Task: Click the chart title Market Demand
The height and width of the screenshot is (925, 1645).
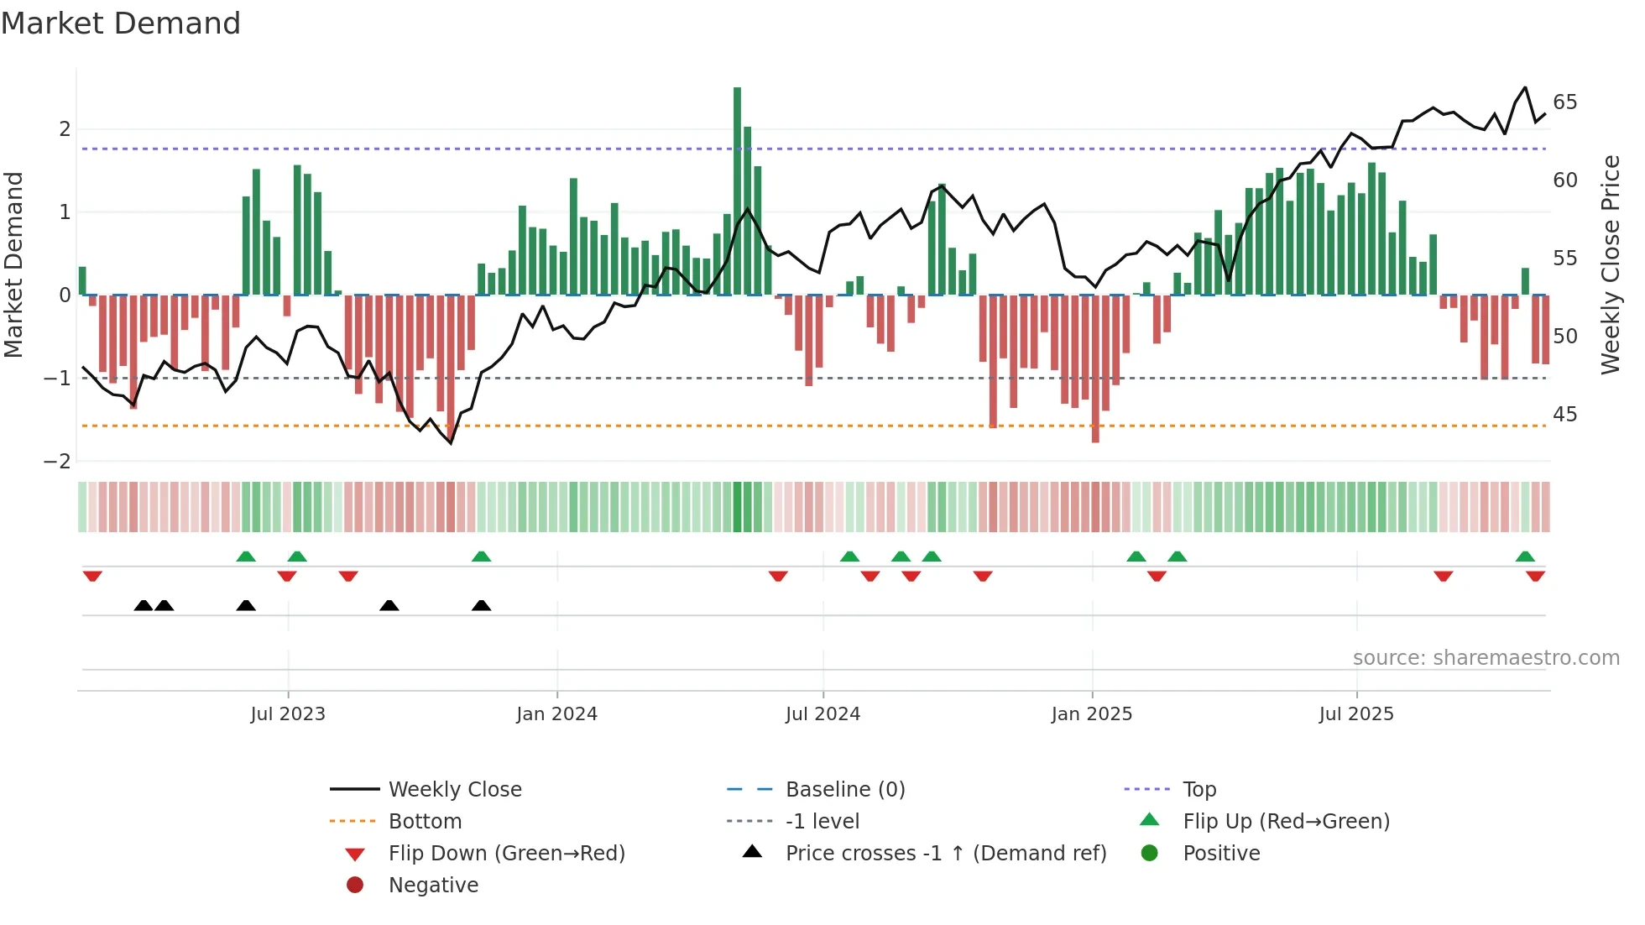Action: coord(121,24)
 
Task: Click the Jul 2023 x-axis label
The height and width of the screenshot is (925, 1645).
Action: coord(288,714)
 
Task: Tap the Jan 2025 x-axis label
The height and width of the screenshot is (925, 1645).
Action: coord(1091,714)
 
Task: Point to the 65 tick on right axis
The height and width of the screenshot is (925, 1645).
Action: coord(1564,102)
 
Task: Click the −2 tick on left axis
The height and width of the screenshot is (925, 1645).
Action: coord(58,461)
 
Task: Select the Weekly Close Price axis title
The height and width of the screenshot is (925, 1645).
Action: coord(1610,264)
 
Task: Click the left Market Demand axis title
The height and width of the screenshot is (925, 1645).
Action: coord(14,264)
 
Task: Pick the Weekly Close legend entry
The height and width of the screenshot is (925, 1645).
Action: coord(454,790)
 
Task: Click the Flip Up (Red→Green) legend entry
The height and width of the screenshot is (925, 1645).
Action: coord(1286,822)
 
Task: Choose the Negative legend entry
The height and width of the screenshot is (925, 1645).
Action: coord(433,886)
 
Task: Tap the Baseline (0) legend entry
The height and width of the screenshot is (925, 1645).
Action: coord(844,790)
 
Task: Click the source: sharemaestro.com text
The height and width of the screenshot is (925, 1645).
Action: coord(1486,658)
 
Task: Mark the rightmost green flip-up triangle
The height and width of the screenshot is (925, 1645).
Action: coord(1525,557)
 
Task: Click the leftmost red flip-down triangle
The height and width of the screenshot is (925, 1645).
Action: coord(92,576)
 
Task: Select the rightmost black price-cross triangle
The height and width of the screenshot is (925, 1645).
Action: coord(481,605)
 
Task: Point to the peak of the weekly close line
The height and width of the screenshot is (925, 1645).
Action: coord(1525,87)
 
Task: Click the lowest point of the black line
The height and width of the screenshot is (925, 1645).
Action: coord(451,443)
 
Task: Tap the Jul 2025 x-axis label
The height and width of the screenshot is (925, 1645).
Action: coord(1355,714)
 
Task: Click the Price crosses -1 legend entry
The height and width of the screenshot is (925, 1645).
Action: coord(945,854)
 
